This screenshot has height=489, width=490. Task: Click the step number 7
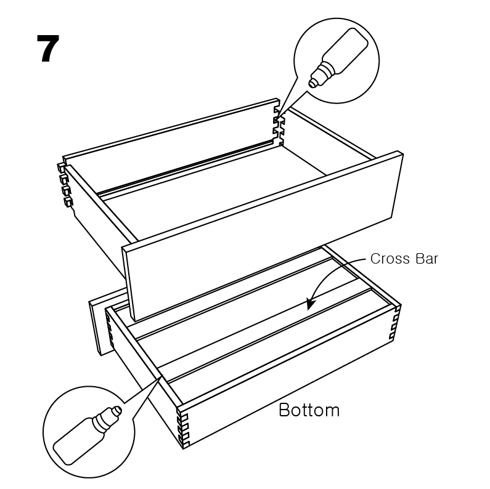(48, 49)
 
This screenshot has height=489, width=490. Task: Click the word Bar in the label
(427, 259)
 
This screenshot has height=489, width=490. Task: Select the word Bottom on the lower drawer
(309, 410)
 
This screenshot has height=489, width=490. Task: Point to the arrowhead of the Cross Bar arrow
(311, 304)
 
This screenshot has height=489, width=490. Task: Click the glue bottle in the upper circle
(338, 57)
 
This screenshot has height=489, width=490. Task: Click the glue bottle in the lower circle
(88, 435)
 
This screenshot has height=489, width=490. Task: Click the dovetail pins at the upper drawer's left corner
(65, 184)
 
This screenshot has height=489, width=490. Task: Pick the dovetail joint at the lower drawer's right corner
(395, 322)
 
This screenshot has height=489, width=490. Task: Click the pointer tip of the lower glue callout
(162, 375)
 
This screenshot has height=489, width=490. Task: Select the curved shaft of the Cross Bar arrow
(331, 272)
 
